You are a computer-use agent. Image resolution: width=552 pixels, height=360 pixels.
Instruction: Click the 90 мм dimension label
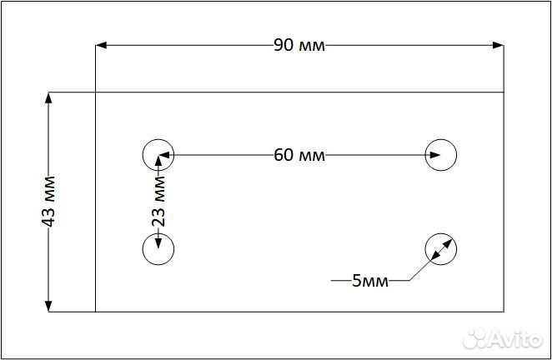pos(299,45)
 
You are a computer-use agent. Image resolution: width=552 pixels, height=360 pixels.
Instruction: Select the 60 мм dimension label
pos(299,154)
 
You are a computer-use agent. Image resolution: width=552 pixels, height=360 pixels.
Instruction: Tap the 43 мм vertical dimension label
pos(48,201)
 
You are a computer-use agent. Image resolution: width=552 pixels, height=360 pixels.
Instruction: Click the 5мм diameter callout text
pos(369,281)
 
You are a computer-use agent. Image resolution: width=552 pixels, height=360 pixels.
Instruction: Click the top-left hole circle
pos(158,154)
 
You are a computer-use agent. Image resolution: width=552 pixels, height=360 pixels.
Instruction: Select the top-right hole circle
pos(441,154)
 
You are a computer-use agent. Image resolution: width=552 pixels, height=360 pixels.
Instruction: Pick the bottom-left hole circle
pos(158,248)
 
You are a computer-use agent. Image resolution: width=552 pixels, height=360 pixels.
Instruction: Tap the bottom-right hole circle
pos(441,248)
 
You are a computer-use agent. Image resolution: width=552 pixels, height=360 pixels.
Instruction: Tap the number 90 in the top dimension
pos(283,45)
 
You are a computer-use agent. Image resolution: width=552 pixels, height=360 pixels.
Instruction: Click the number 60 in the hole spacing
pos(283,154)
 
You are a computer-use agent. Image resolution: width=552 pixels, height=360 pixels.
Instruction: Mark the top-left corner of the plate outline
pos(96,92)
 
